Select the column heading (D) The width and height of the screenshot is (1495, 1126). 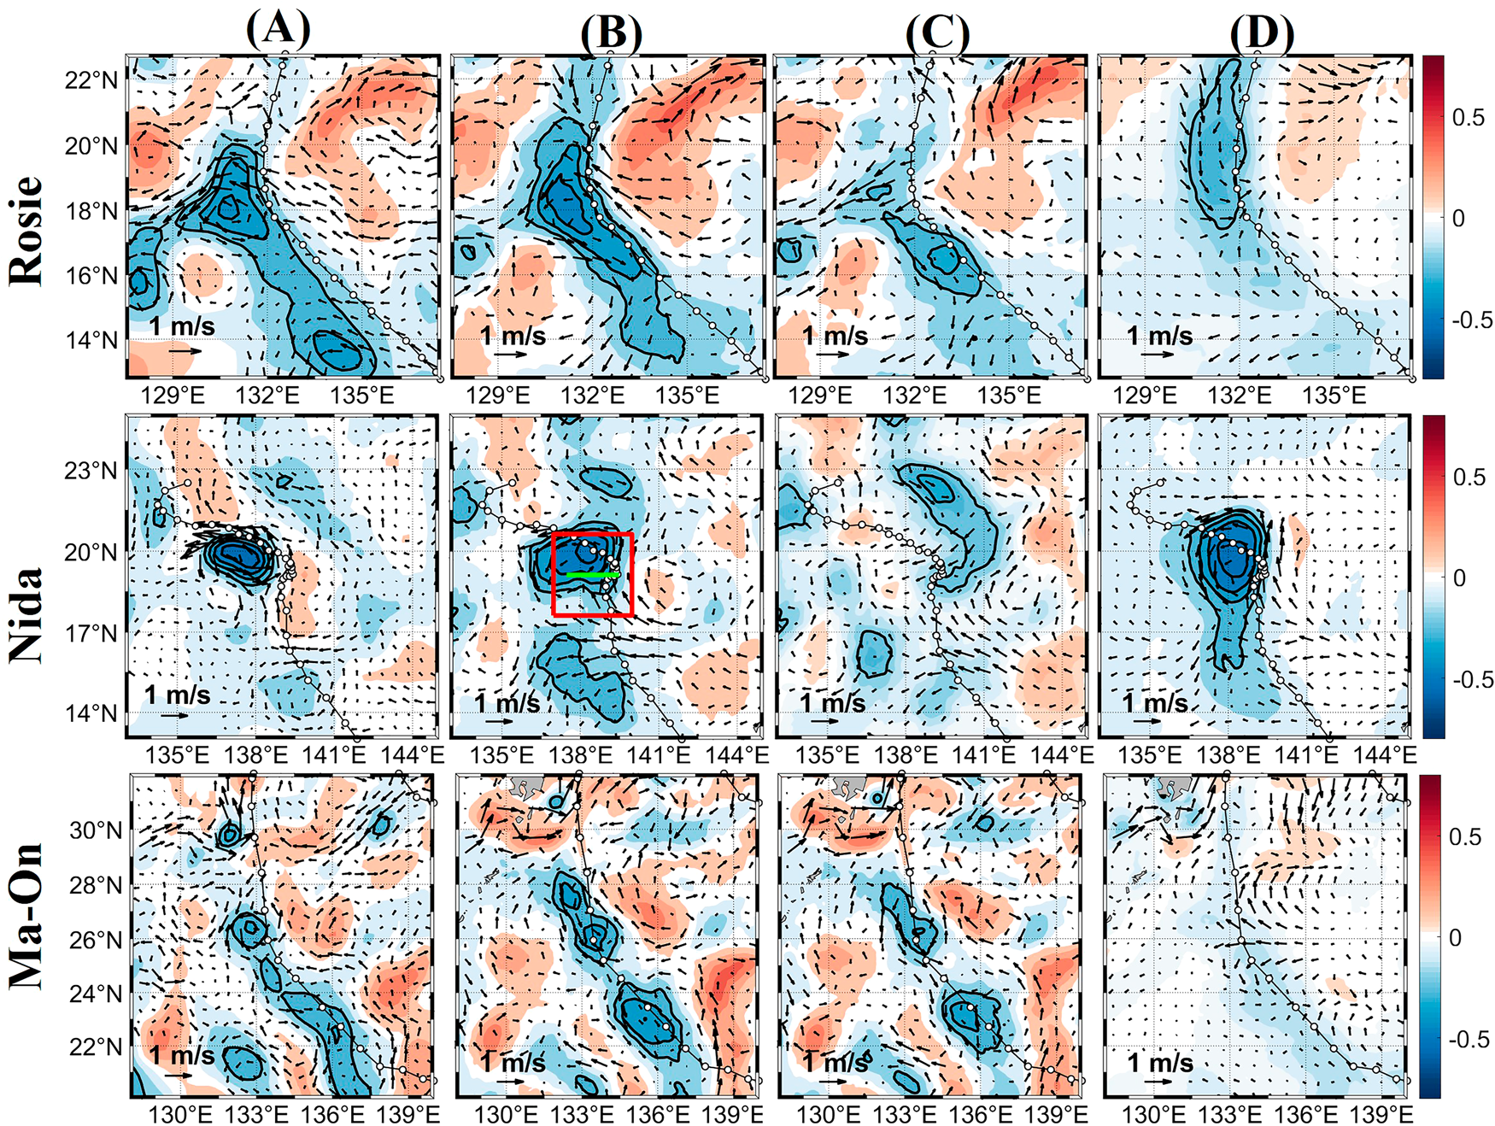(x=1262, y=34)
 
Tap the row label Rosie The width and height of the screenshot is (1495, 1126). (x=26, y=231)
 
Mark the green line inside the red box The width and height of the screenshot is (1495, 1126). (x=593, y=575)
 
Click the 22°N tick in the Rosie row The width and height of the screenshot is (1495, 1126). (x=91, y=80)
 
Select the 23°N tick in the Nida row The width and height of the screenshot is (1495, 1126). (x=91, y=471)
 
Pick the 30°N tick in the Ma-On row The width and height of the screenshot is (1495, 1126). (x=96, y=830)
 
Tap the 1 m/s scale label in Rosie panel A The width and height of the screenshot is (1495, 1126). (x=182, y=326)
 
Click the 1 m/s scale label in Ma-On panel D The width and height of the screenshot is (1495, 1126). (x=1160, y=1063)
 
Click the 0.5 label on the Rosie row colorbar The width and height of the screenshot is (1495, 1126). (x=1468, y=118)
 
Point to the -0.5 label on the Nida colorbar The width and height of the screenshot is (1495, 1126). (x=1472, y=680)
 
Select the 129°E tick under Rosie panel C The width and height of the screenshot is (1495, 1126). (x=820, y=396)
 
